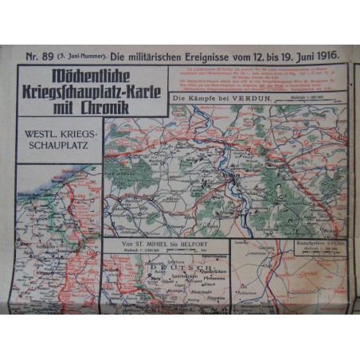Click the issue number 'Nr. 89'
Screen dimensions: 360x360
click(36, 57)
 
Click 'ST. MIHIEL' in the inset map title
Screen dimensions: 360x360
click(143, 245)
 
